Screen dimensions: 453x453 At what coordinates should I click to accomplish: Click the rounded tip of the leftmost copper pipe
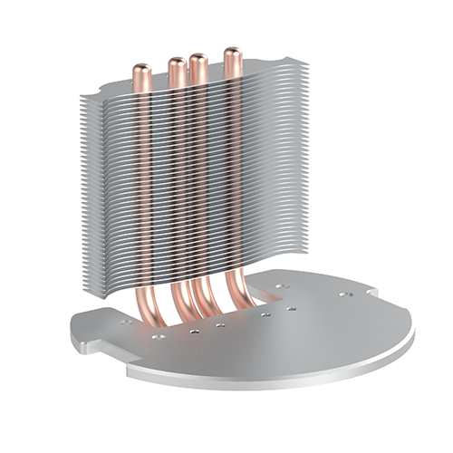pyautogui.click(x=140, y=68)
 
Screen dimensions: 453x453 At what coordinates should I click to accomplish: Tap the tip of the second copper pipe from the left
pyautogui.click(x=177, y=63)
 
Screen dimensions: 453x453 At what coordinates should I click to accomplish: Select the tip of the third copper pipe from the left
pyautogui.click(x=198, y=61)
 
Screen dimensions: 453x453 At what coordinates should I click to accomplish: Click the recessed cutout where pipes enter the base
pyautogui.click(x=263, y=292)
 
